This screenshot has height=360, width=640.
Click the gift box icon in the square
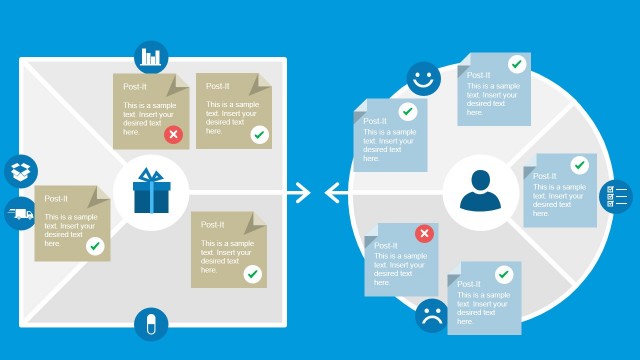pos(152,191)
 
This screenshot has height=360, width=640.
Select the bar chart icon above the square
pos(151,56)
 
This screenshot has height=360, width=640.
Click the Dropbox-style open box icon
pos(20,171)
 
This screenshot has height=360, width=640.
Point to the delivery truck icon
pos(20,213)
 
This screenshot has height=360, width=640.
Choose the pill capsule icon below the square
pos(151,325)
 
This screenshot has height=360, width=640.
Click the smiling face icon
pos(423,78)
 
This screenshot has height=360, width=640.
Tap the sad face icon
pos(432,317)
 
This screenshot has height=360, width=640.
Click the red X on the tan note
pos(174,134)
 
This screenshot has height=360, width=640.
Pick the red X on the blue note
pos(424,233)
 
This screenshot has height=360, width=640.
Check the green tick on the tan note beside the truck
pos(95,245)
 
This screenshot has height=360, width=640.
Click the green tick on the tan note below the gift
pos(252,273)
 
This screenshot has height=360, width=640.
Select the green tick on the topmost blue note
pos(516,64)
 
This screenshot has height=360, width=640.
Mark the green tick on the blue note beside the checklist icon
pos(579,165)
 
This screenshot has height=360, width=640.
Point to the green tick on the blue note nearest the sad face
pos(502,273)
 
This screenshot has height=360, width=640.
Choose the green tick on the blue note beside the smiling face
pos(407,112)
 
